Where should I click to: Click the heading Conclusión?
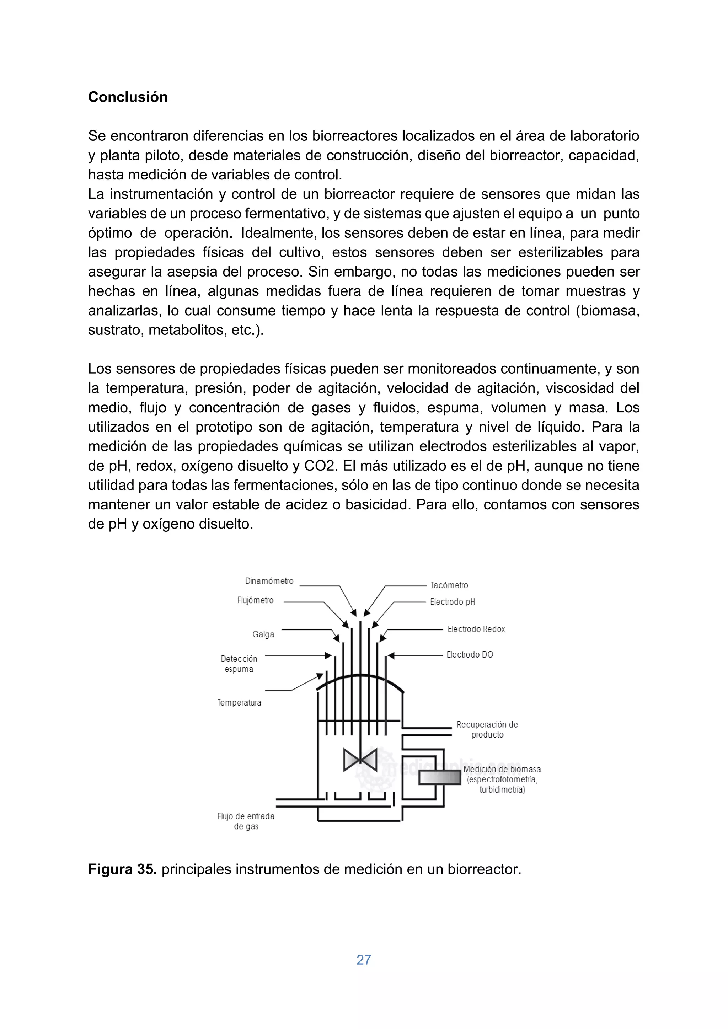click(127, 97)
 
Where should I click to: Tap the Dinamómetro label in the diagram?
click(269, 581)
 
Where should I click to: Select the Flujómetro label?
click(255, 600)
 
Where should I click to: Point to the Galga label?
click(263, 634)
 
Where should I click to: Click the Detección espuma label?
click(239, 664)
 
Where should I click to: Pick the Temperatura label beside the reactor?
click(239, 703)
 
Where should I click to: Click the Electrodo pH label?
click(452, 602)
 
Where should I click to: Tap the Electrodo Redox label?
click(476, 629)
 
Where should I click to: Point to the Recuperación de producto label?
click(487, 729)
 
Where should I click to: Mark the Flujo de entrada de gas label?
click(246, 821)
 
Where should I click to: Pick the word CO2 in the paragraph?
click(320, 466)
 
